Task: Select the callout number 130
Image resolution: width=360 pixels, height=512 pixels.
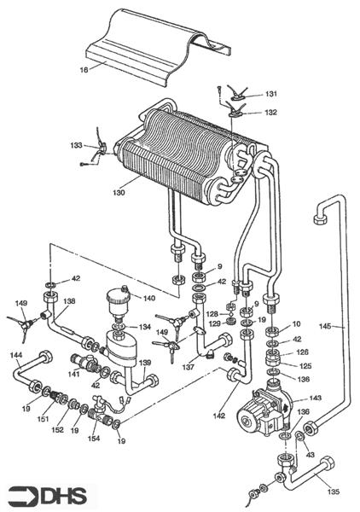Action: (118, 193)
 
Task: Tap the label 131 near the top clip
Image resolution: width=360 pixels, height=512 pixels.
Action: (271, 95)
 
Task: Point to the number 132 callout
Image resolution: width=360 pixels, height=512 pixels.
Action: (271, 112)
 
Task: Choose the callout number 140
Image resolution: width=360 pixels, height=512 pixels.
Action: (150, 299)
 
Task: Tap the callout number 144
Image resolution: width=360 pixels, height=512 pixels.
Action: (15, 354)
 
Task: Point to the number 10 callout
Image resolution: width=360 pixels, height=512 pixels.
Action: (295, 324)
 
